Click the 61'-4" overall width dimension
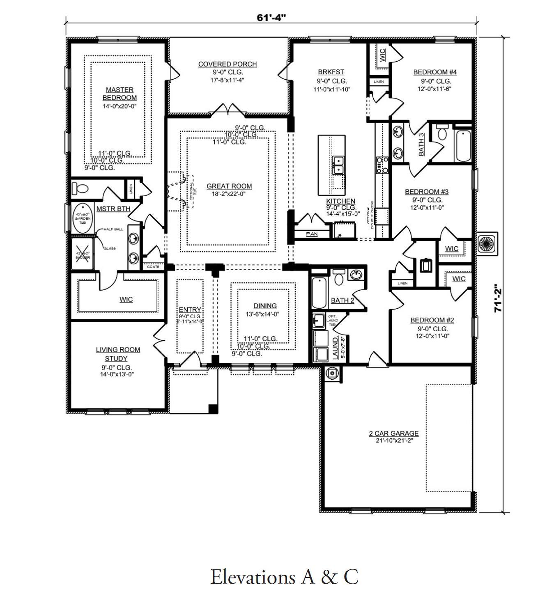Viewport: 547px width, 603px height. pyautogui.click(x=271, y=18)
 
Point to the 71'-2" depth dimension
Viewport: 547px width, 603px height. pyautogui.click(x=498, y=298)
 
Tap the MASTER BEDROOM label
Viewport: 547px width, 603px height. pyautogui.click(x=120, y=94)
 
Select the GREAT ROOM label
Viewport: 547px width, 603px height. pyautogui.click(x=229, y=186)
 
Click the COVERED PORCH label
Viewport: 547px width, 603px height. pyautogui.click(x=228, y=64)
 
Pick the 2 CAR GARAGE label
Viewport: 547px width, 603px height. pyautogui.click(x=393, y=433)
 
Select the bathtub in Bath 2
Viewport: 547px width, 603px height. pyautogui.click(x=319, y=293)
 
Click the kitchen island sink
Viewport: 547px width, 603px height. pyautogui.click(x=339, y=165)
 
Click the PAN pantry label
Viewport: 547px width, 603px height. pyautogui.click(x=312, y=234)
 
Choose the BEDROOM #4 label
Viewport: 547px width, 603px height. pyautogui.click(x=435, y=72)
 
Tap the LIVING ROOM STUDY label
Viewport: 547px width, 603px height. pyautogui.click(x=118, y=354)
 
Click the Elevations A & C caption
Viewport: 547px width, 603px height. pyautogui.click(x=284, y=577)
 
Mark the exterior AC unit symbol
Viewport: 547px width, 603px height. pyautogui.click(x=487, y=244)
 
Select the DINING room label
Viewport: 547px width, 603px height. pyautogui.click(x=265, y=306)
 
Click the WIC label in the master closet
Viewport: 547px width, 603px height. pyautogui.click(x=126, y=299)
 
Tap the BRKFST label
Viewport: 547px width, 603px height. pyautogui.click(x=331, y=72)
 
